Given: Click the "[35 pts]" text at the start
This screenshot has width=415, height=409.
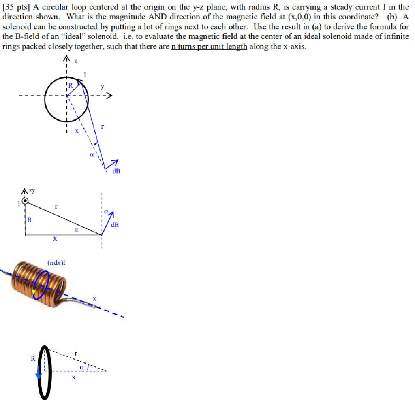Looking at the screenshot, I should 15,7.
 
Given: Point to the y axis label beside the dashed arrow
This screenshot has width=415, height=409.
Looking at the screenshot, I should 103,87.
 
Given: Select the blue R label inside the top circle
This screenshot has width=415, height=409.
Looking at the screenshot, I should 71,85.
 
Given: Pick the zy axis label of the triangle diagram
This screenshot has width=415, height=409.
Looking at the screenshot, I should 30,191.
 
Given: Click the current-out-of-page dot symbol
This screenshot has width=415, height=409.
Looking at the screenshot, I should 25,201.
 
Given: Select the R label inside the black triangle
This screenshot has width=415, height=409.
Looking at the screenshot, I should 30,220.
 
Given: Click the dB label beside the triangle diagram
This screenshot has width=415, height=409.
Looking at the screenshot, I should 115,225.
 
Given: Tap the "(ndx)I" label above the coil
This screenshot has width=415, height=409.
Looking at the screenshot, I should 56,262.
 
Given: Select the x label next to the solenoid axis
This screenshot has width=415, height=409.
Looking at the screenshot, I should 94,298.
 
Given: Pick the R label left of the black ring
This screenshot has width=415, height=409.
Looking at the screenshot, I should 33,358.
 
